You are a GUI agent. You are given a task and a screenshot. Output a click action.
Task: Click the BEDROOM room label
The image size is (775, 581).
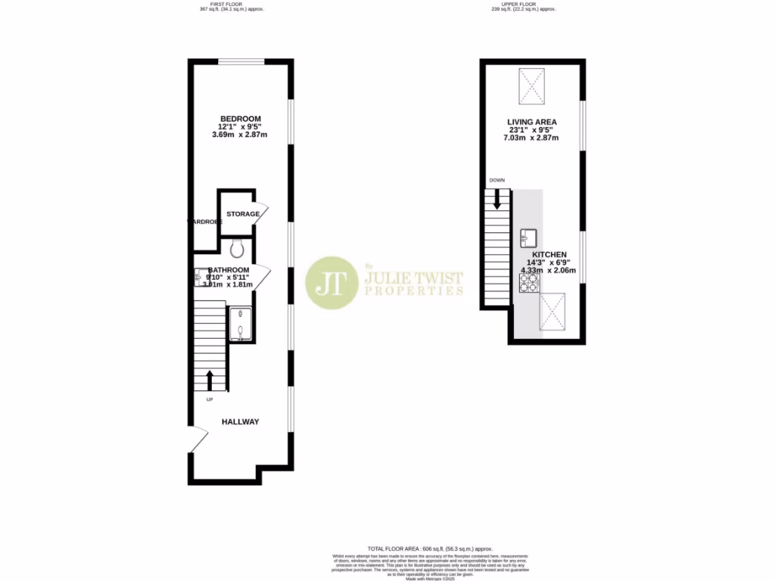[x=240, y=118]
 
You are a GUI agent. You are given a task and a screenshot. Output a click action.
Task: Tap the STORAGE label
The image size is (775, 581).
[x=243, y=214]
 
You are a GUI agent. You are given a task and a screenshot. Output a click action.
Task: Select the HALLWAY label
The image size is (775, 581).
[x=240, y=421]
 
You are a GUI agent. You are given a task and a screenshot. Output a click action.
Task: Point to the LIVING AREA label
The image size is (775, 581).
[x=531, y=122]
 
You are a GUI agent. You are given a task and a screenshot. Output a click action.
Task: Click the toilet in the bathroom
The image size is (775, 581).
[x=235, y=246]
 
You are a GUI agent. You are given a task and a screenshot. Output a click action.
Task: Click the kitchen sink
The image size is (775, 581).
[x=528, y=238]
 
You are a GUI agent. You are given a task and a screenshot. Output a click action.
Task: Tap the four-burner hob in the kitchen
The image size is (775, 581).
[x=529, y=282]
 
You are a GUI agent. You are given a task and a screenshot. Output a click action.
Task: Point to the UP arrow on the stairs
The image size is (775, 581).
[x=210, y=378]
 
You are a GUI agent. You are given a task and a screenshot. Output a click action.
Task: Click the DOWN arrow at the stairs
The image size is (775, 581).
[x=497, y=200]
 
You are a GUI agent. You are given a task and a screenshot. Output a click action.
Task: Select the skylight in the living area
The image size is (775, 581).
[x=532, y=86]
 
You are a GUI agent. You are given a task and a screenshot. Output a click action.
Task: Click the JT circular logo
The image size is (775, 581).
[x=331, y=282]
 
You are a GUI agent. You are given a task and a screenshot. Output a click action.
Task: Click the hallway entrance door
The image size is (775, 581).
[x=198, y=440]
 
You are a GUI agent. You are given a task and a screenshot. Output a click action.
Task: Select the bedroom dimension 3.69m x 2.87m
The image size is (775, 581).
[x=240, y=135]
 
